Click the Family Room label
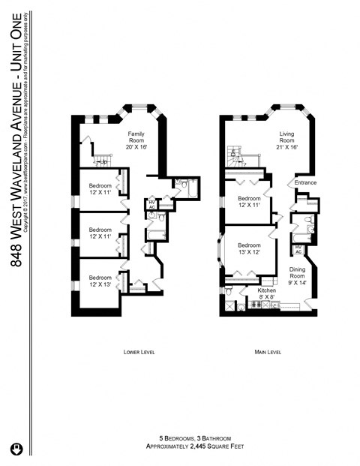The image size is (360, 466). pos(136,140)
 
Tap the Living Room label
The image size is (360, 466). pos(287,140)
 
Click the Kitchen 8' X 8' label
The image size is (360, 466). pos(267,293)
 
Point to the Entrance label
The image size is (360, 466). pos(305,182)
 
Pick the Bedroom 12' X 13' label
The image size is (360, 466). pos(100,278)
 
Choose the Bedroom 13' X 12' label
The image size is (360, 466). pos(250,248)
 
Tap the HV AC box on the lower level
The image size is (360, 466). pos(151,203)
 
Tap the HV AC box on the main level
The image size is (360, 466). pos(298,250)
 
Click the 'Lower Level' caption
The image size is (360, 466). pos(138,351)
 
